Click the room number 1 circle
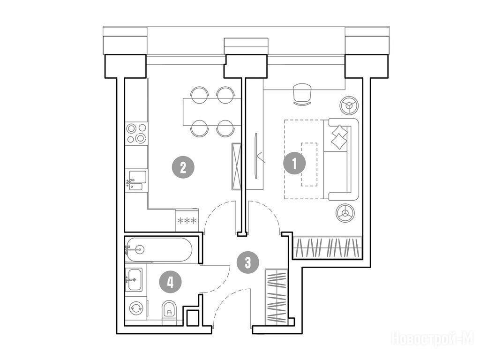[x=294, y=164]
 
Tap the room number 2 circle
[x=183, y=167]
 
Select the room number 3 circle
[x=247, y=262]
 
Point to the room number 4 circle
[x=170, y=282]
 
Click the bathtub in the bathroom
[x=159, y=250]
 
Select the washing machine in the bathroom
[x=135, y=308]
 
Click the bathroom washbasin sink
[x=134, y=279]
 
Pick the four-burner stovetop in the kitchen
[x=136, y=133]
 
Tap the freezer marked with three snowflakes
[x=187, y=220]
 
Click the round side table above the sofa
[x=349, y=105]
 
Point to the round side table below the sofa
[x=345, y=212]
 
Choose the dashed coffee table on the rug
[x=309, y=164]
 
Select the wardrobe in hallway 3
[x=277, y=297]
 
